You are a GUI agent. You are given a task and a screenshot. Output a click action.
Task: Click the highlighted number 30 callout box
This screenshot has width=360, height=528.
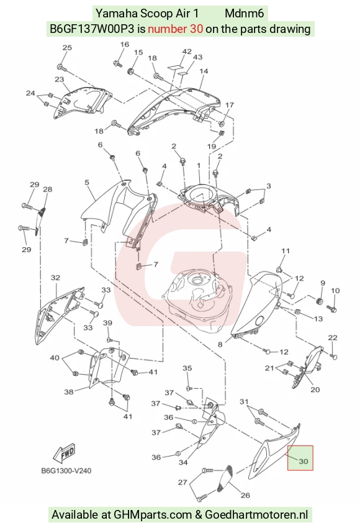click(300, 458)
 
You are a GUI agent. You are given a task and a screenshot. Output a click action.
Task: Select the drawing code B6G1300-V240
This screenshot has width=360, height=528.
click(66, 470)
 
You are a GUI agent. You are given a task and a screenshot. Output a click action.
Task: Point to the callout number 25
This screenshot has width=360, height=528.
click(67, 47)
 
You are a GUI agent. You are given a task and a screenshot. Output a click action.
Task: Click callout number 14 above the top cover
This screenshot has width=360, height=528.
click(204, 71)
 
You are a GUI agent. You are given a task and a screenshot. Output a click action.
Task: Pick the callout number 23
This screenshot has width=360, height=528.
click(59, 80)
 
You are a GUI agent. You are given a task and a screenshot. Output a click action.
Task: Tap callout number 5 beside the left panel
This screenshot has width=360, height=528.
click(87, 183)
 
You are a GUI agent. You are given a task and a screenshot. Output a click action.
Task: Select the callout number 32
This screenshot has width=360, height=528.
click(55, 278)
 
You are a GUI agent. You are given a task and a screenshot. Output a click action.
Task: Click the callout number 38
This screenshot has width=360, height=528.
click(69, 392)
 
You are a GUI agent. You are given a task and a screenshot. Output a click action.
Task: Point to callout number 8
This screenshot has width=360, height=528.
click(220, 344)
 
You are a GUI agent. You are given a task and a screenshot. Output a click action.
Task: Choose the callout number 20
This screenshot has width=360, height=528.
click(315, 389)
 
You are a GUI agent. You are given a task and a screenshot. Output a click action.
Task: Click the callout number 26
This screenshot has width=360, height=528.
click(245, 495)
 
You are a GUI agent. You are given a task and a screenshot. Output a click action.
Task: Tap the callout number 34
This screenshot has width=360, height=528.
click(183, 462)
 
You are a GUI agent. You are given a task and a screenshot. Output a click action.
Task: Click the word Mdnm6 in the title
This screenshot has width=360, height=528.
click(245, 14)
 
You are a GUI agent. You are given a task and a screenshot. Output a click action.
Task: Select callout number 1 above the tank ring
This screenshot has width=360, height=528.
click(199, 165)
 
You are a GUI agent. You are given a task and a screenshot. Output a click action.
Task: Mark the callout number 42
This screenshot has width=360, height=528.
click(187, 52)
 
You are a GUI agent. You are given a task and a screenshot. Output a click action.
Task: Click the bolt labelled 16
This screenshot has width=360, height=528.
click(118, 63)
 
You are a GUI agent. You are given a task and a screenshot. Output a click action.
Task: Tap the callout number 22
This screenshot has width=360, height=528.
click(333, 338)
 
